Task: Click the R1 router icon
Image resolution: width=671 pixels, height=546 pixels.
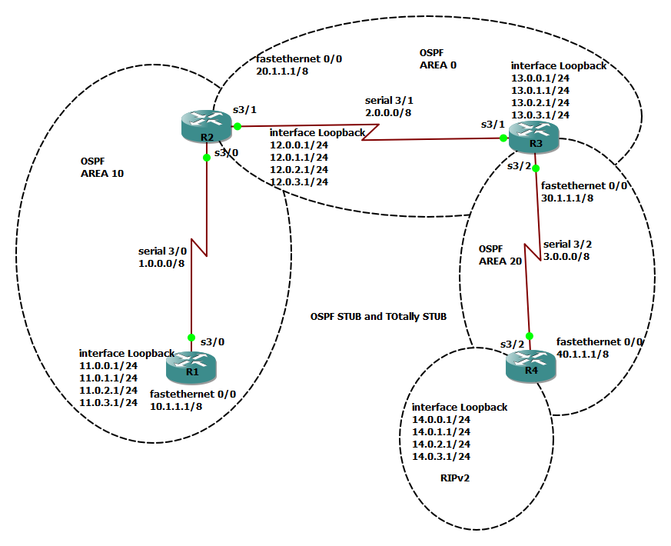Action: (191, 367)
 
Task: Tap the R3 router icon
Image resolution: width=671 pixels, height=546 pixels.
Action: (531, 139)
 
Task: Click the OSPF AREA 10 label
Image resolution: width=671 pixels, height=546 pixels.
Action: (101, 168)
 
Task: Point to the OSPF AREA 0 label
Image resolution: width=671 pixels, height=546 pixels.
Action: (437, 58)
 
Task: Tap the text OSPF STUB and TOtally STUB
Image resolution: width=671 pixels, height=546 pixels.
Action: (378, 316)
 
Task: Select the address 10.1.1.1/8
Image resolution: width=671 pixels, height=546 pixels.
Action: (176, 406)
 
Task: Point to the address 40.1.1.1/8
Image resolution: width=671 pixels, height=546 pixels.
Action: (583, 354)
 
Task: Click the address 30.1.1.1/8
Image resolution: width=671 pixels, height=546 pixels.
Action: (567, 198)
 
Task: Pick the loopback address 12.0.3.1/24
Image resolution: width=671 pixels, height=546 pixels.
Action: (299, 181)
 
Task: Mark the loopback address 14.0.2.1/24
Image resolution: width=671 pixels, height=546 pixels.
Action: (441, 444)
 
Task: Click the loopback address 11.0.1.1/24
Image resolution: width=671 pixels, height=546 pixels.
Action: (108, 378)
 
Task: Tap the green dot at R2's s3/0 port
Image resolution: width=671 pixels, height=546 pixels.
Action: (206, 158)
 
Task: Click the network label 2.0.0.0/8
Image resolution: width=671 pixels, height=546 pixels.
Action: (388, 112)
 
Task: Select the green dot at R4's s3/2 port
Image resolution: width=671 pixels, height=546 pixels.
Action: (528, 336)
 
